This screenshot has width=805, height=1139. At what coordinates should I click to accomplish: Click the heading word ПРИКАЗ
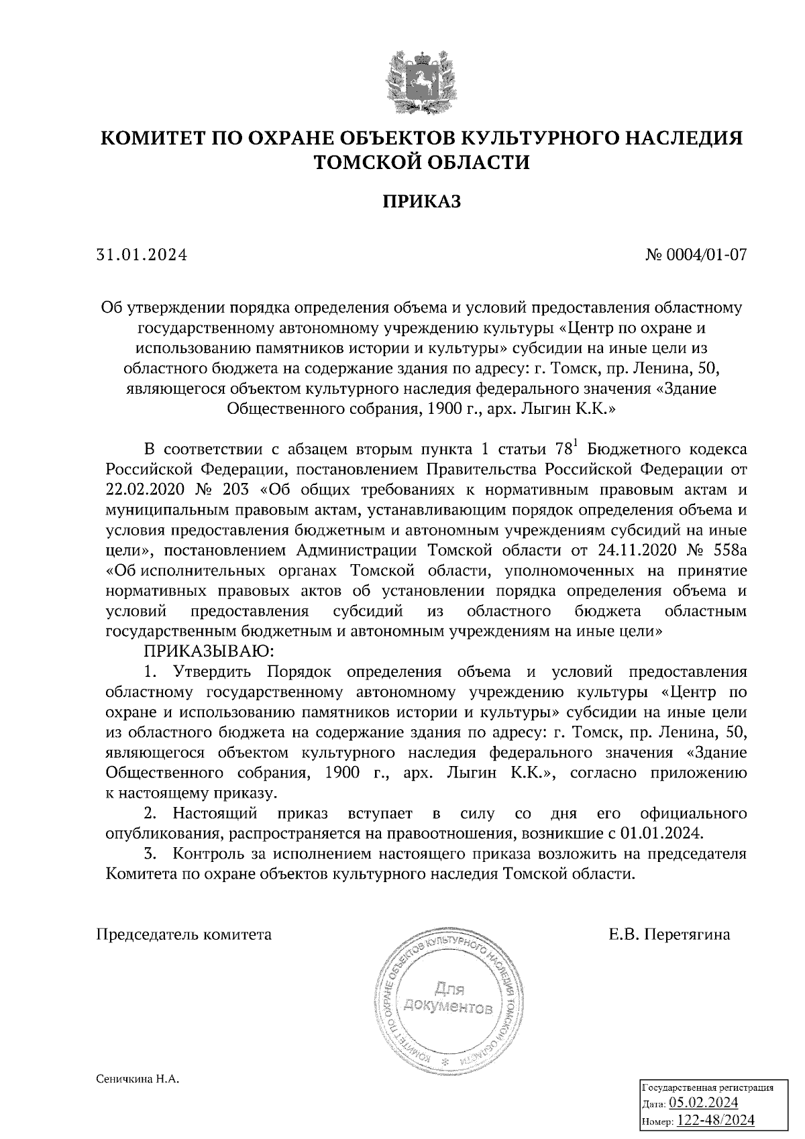[422, 202]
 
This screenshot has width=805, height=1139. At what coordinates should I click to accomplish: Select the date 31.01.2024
[142, 256]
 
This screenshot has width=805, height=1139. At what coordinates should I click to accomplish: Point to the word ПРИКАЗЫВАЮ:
[206, 651]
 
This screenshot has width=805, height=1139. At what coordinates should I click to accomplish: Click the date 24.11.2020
[635, 551]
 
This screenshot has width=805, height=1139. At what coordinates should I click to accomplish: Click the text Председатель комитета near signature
[184, 934]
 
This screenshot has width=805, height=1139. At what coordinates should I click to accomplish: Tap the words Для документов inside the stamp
[446, 998]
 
